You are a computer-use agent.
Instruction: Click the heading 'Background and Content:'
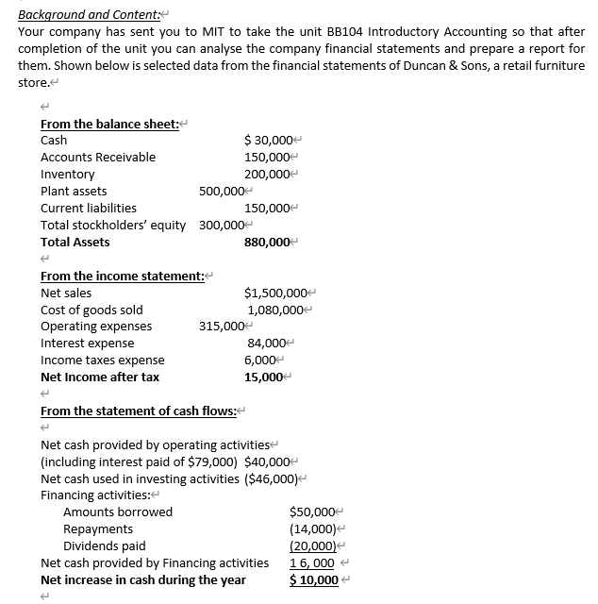coord(86,14)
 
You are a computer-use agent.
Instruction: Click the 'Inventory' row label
coord(68,174)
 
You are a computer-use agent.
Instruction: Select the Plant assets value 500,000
coord(222,191)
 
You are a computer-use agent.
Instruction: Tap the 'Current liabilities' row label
coord(89,208)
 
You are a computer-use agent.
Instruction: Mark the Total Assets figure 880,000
coord(268,242)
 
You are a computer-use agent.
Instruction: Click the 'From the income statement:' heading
coord(122,276)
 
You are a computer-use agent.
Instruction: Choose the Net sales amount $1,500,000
coord(274,293)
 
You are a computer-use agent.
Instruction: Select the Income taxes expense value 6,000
coord(259,361)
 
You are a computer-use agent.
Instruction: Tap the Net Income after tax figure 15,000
coord(264,377)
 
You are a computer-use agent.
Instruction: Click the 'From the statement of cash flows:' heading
coord(138,411)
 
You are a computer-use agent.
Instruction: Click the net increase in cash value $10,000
coord(313,579)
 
